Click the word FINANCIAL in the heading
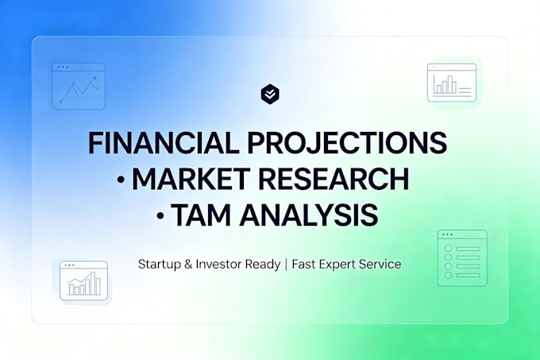[164, 142]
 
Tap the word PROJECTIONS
[347, 142]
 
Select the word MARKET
[191, 179]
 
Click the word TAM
[201, 215]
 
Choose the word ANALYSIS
[309, 215]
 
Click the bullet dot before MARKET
[121, 180]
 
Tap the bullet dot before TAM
[160, 215]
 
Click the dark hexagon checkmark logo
[270, 94]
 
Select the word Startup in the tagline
[160, 265]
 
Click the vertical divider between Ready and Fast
[286, 265]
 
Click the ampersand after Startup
[188, 264]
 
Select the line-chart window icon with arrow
[79, 86]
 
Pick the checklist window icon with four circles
[462, 258]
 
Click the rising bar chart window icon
[83, 281]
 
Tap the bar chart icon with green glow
[452, 83]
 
